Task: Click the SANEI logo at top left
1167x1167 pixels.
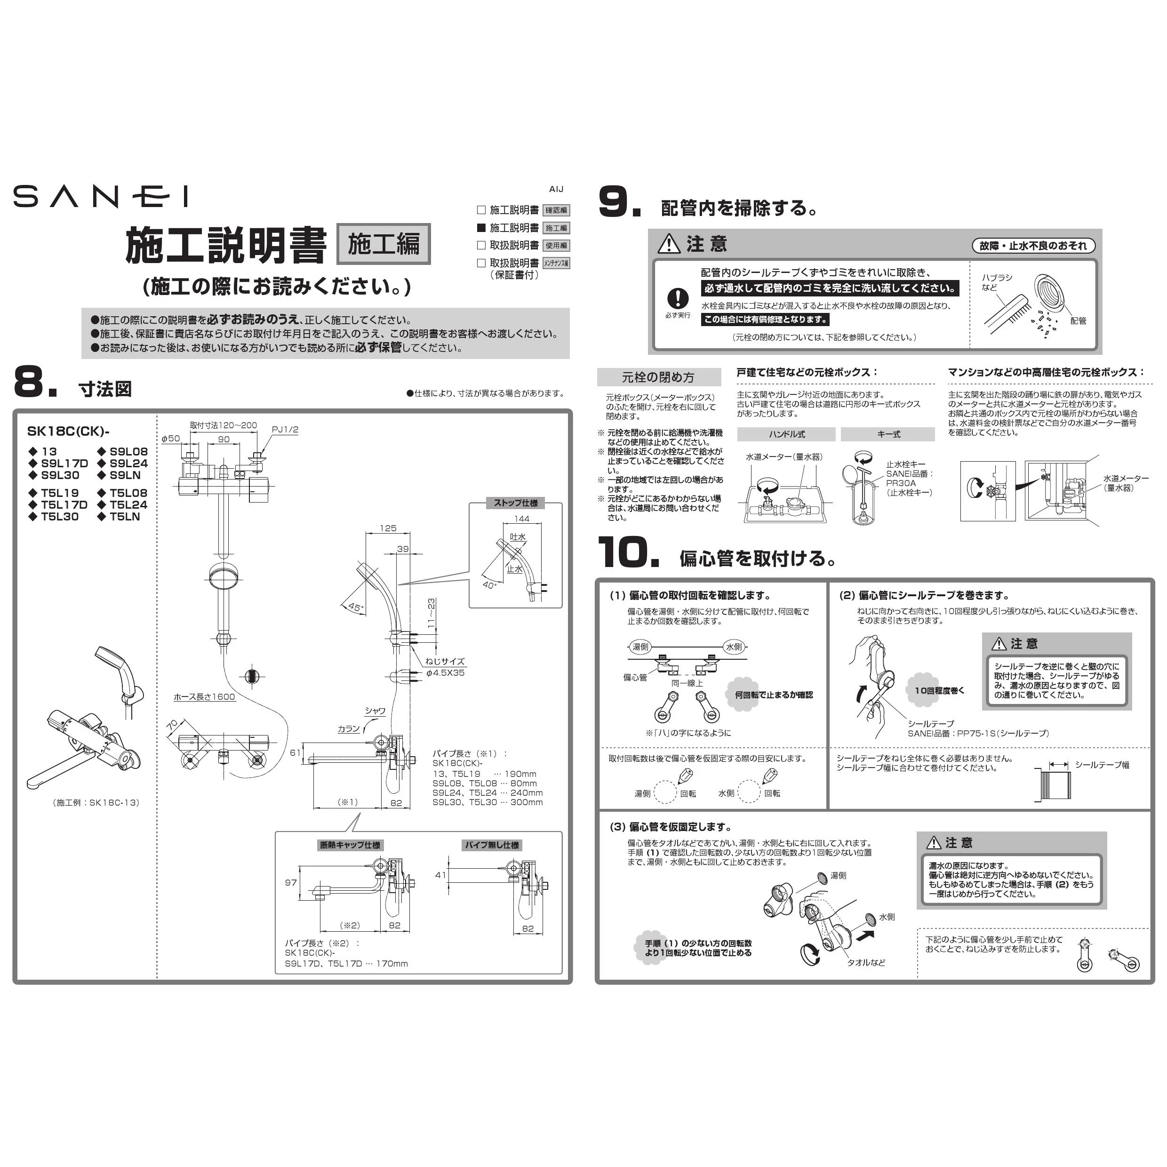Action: coord(100,196)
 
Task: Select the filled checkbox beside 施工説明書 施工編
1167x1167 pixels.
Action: coord(481,228)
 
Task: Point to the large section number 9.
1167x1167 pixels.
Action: coord(619,202)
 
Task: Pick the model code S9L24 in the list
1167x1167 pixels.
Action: coord(128,464)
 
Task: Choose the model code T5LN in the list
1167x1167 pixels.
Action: coord(125,517)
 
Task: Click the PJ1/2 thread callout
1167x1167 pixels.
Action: coord(285,430)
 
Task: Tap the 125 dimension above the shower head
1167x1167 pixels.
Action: coord(388,528)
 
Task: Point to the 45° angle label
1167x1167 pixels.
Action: coord(356,607)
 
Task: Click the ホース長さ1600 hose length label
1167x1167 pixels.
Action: coord(204,696)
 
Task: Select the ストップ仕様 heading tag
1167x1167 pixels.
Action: coord(515,503)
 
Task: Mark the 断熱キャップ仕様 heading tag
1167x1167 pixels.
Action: coord(351,845)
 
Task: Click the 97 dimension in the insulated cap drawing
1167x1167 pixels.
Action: coord(291,882)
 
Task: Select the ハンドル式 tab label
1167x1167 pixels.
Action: coord(786,434)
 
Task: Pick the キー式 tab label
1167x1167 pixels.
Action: coord(888,434)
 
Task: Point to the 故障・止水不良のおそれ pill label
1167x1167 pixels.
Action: coord(1033,246)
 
